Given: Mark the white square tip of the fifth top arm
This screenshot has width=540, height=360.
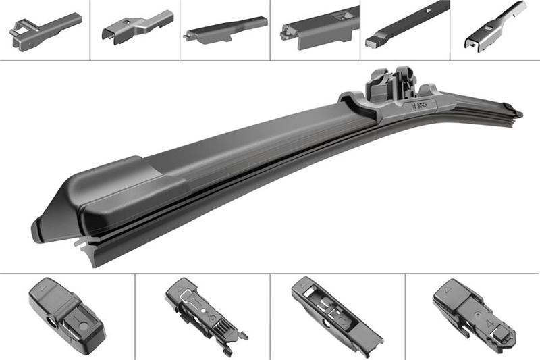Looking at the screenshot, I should [373, 41].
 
